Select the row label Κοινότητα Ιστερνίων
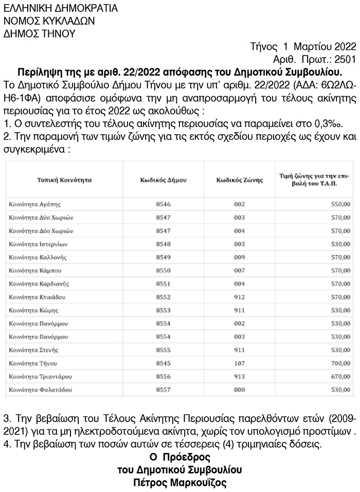38,244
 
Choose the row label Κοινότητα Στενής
33,350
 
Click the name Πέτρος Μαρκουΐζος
179,483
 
